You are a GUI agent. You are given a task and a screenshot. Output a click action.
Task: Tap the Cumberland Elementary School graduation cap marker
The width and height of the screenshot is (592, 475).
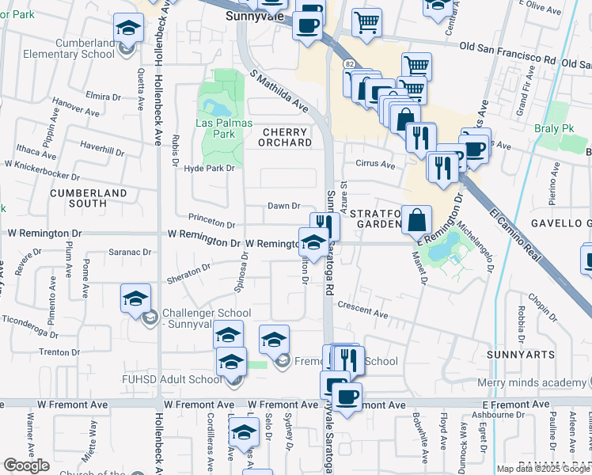[126, 29]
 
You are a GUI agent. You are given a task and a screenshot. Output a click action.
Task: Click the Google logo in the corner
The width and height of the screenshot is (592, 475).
[26, 465]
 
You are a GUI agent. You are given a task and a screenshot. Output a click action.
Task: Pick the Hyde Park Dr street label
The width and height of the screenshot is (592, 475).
[210, 168]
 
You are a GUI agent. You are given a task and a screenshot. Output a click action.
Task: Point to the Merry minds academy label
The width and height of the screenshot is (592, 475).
[534, 382]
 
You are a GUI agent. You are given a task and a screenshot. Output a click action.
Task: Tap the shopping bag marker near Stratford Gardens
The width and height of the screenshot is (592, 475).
[416, 220]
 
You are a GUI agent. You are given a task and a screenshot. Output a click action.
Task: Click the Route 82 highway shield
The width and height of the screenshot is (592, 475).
[348, 63]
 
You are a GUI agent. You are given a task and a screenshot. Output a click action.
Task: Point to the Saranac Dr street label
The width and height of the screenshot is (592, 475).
[131, 252]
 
